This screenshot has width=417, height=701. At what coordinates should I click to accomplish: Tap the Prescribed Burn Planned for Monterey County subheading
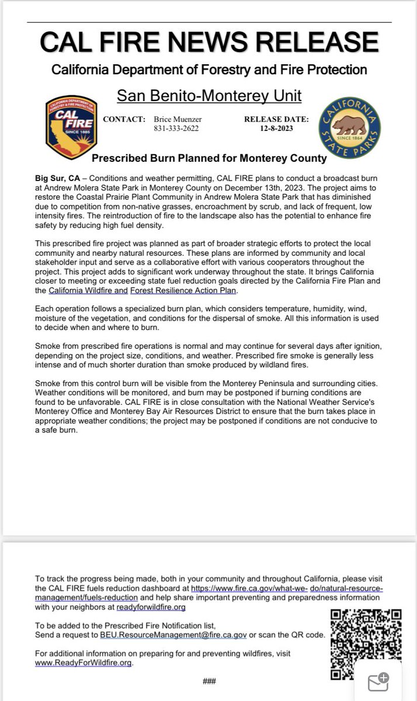click(x=209, y=158)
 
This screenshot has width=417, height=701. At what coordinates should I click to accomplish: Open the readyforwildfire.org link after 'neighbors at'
click(x=151, y=607)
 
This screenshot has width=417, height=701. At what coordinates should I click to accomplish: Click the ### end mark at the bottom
click(x=209, y=681)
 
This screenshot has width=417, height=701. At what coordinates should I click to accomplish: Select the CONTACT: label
click(x=124, y=119)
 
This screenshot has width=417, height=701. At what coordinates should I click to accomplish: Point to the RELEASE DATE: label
click(x=272, y=119)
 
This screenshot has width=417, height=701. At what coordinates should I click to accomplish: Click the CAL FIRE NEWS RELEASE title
click(x=209, y=42)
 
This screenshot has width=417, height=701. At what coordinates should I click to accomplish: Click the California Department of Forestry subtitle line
click(x=209, y=70)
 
